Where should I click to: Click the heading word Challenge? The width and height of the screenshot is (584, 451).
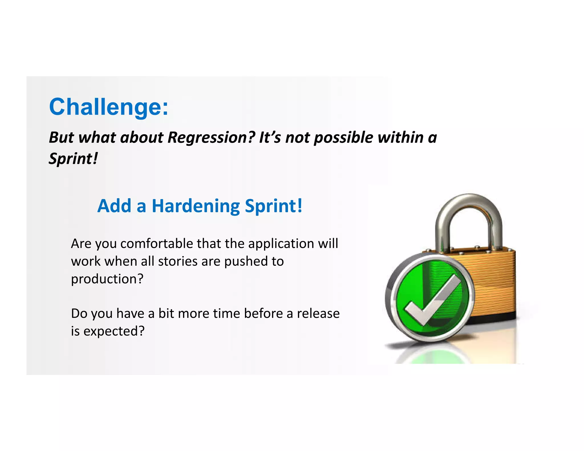(109, 107)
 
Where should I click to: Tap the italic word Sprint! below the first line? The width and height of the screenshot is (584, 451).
(73, 159)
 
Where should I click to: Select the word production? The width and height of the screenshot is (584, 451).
(107, 279)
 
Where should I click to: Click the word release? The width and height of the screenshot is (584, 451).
(318, 314)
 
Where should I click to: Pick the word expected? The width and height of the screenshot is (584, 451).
(114, 331)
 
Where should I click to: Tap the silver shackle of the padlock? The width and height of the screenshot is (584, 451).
(469, 211)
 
